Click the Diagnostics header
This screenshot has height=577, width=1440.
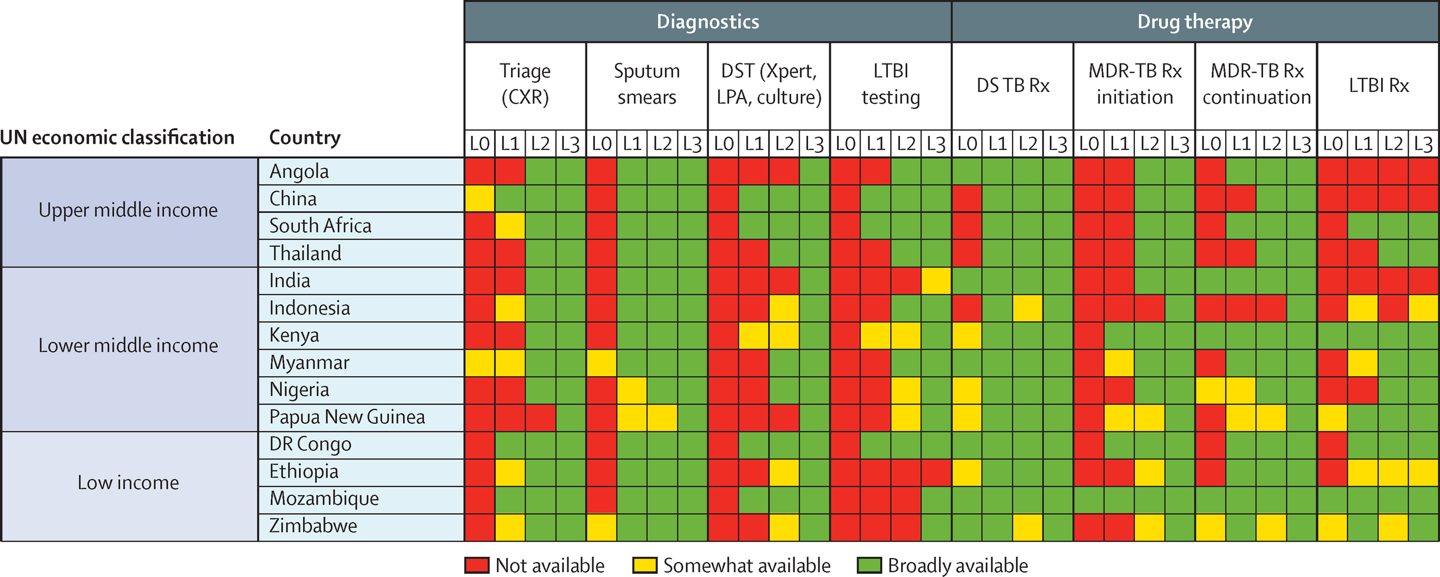[x=708, y=22]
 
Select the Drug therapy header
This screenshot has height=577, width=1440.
[x=1195, y=22]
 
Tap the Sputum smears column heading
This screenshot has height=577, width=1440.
[x=647, y=84]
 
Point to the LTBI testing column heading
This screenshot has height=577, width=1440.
[x=890, y=84]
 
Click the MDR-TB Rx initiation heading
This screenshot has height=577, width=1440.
[x=1134, y=84]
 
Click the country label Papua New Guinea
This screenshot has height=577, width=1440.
[x=346, y=417]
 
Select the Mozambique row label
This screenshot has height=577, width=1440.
[x=324, y=499]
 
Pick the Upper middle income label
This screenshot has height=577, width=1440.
[x=128, y=210]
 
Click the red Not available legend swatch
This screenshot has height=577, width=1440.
[x=477, y=565]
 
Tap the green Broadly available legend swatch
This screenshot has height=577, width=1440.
[x=869, y=565]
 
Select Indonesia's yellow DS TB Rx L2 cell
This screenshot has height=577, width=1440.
[x=1028, y=308]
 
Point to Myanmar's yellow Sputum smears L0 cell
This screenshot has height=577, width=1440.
[x=601, y=363]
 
